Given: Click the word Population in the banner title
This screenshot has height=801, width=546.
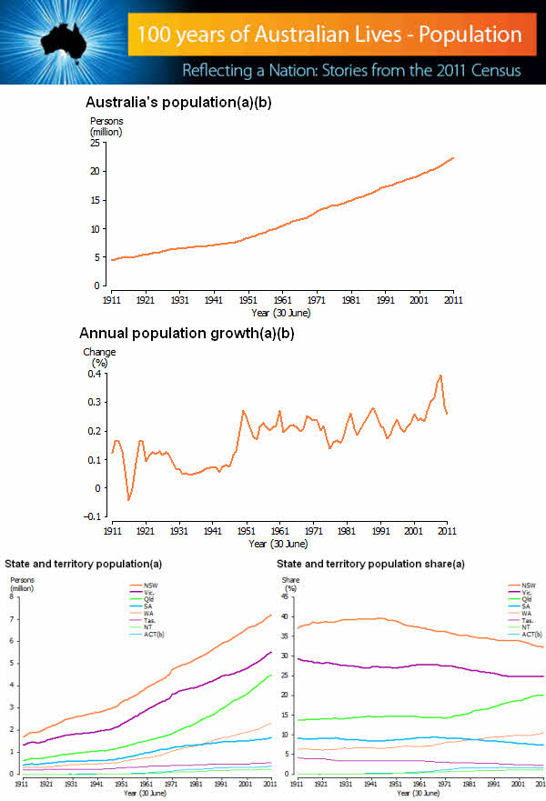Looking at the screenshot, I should pyautogui.click(x=470, y=35).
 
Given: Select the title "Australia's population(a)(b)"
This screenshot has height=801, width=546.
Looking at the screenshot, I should pyautogui.click(x=178, y=103).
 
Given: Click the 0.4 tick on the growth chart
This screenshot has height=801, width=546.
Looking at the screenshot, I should pyautogui.click(x=94, y=374).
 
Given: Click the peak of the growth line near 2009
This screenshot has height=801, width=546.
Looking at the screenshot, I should pyautogui.click(x=440, y=375).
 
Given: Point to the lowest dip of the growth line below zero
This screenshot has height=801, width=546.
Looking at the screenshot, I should pyautogui.click(x=128, y=499).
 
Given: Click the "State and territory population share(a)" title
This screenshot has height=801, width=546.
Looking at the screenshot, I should pyautogui.click(x=371, y=565).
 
